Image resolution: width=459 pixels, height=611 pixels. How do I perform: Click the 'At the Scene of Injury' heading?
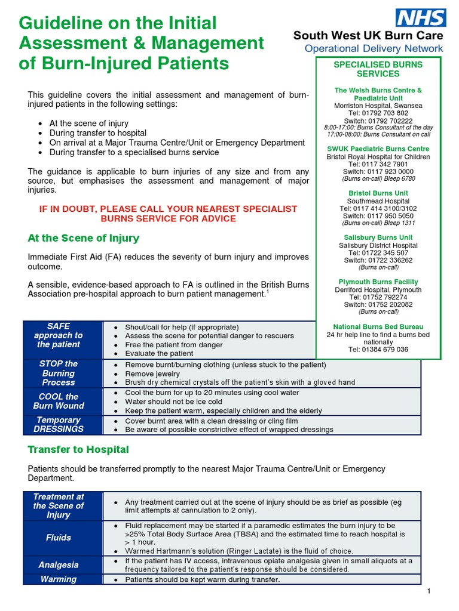tap(83, 238)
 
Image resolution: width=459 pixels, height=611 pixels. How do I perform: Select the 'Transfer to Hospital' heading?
tap(78, 449)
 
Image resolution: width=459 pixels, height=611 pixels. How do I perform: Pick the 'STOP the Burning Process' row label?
tap(59, 373)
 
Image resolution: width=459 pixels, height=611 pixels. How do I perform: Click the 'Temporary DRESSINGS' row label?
tap(59, 424)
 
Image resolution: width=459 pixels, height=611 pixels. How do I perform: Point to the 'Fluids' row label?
tap(59, 538)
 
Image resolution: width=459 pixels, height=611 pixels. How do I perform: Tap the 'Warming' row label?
tap(59, 579)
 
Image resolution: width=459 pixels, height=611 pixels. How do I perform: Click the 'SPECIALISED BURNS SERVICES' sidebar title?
tap(378, 69)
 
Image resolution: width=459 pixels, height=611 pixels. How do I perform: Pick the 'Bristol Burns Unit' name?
tap(378, 193)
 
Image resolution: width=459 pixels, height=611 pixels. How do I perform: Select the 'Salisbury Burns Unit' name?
tap(378, 237)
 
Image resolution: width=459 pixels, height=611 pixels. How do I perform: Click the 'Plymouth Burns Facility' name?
tap(378, 282)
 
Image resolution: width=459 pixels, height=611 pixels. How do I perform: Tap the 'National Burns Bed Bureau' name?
tap(378, 326)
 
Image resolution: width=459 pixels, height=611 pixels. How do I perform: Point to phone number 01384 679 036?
tap(378, 349)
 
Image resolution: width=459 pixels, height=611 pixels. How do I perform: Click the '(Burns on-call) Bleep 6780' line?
tap(378, 178)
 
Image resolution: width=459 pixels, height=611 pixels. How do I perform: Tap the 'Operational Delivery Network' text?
tap(374, 48)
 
